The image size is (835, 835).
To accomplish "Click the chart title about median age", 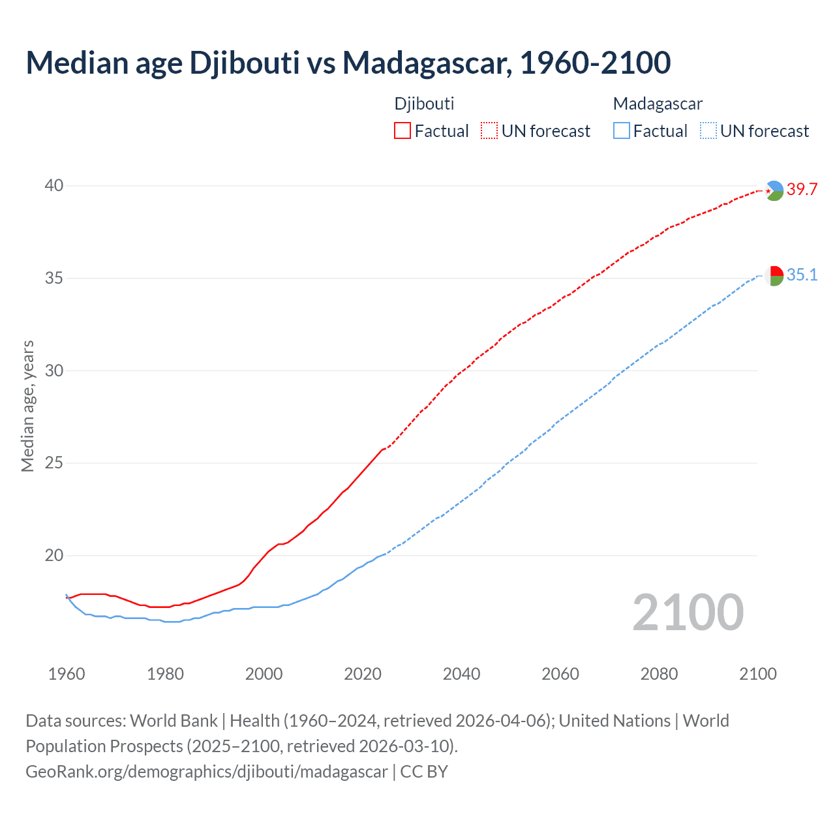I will (348, 63).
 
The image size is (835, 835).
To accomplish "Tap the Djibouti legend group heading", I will (424, 104).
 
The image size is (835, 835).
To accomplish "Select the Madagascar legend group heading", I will (658, 104).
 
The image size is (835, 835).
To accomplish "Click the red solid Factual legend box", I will (402, 131).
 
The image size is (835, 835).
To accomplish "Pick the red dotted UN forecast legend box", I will (489, 131).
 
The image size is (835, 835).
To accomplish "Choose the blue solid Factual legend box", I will (622, 131).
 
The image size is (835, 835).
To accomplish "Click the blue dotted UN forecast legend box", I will (708, 131).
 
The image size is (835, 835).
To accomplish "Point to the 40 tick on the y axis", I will (53, 186).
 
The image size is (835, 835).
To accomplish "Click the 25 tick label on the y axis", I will (53, 463).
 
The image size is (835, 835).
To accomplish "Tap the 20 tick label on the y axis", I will (53, 556).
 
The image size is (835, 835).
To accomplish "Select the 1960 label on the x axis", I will (67, 674).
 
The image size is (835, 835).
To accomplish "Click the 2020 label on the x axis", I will (363, 674).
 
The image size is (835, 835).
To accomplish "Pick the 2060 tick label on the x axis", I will (560, 674).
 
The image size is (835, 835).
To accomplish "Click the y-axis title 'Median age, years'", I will (27, 406).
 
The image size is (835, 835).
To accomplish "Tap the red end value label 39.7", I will (802, 190).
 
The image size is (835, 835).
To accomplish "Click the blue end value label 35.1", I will (802, 275).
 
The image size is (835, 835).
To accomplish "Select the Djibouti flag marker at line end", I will (774, 190).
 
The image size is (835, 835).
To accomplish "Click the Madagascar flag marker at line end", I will (774, 276).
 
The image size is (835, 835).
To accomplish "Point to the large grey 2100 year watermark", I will (688, 613).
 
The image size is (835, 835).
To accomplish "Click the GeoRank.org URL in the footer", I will (207, 772).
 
